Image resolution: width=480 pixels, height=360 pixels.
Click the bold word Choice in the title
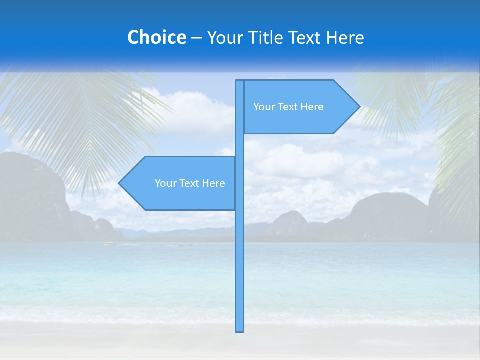point(156,37)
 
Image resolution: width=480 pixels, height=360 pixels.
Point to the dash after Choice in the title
point(196,38)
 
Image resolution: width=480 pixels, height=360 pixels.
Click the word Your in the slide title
point(225,37)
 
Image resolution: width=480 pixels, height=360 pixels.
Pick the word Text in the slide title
point(307,37)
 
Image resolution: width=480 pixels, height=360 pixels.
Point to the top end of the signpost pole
point(239,81)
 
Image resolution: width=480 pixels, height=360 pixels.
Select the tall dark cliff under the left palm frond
point(30,195)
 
